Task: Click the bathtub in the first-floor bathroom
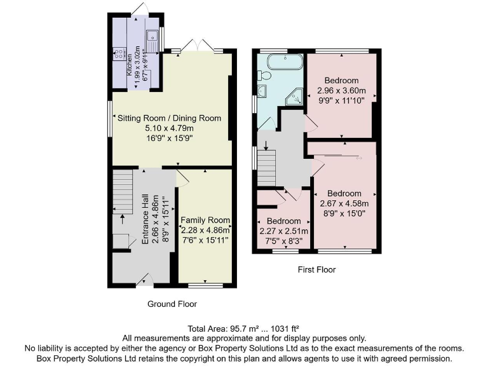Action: (x=285, y=62)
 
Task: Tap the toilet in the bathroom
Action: (x=265, y=76)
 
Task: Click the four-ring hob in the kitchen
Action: (x=119, y=55)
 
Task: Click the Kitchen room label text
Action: (x=129, y=64)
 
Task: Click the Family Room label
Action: (x=205, y=220)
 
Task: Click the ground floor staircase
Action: (x=122, y=191)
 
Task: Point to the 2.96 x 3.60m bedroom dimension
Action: (x=341, y=90)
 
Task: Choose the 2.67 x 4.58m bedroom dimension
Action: (x=344, y=203)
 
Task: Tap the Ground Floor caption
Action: (x=172, y=304)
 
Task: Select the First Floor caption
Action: (x=316, y=269)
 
